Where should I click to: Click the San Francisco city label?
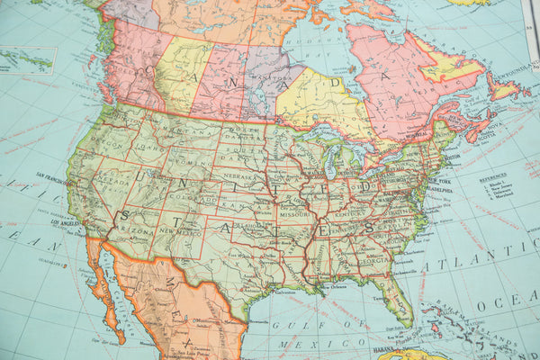tap(54, 176)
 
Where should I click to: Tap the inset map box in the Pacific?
tap(27, 59)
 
